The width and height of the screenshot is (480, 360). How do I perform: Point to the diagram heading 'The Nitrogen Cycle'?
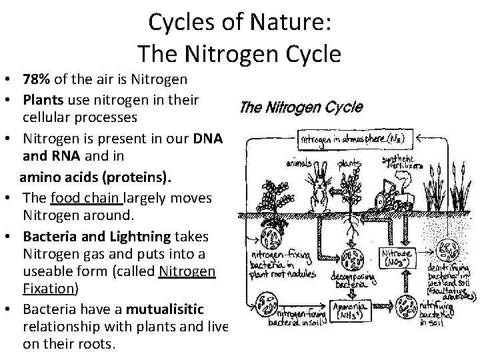coord(301,109)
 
